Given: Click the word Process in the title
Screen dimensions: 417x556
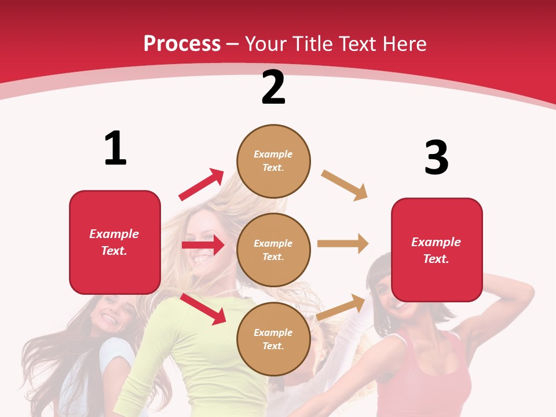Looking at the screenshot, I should (x=182, y=44).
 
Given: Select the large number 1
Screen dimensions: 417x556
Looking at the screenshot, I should (x=115, y=148).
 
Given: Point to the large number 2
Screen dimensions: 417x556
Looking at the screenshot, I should (x=273, y=87).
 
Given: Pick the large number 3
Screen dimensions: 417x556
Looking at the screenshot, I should (x=436, y=158).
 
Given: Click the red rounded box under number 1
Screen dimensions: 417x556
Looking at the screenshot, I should (x=115, y=242).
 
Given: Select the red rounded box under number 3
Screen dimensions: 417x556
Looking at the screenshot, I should (x=437, y=250).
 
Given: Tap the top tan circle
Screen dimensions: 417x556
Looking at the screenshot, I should (x=273, y=161).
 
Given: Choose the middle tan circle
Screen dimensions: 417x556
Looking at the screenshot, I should (x=273, y=250).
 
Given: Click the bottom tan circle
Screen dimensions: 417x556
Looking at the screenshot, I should (x=273, y=339).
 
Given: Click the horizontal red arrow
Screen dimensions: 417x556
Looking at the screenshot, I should (x=203, y=245).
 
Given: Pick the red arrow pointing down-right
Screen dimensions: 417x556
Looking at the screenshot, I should (x=203, y=309).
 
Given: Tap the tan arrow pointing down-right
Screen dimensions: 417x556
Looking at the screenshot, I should (x=345, y=185).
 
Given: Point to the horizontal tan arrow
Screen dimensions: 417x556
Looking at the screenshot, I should (x=343, y=244).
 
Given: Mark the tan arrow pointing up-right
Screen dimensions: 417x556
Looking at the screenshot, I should (x=341, y=308).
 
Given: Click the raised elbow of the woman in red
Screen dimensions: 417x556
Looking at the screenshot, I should (x=524, y=290).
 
